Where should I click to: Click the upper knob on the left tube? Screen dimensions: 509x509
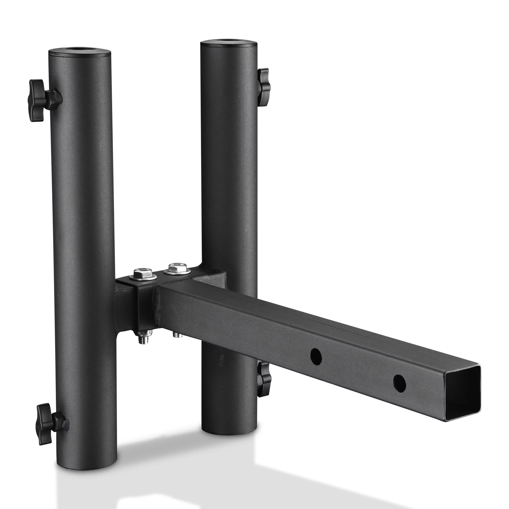point(39,100)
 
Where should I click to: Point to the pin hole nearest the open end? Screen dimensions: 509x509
point(399,383)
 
